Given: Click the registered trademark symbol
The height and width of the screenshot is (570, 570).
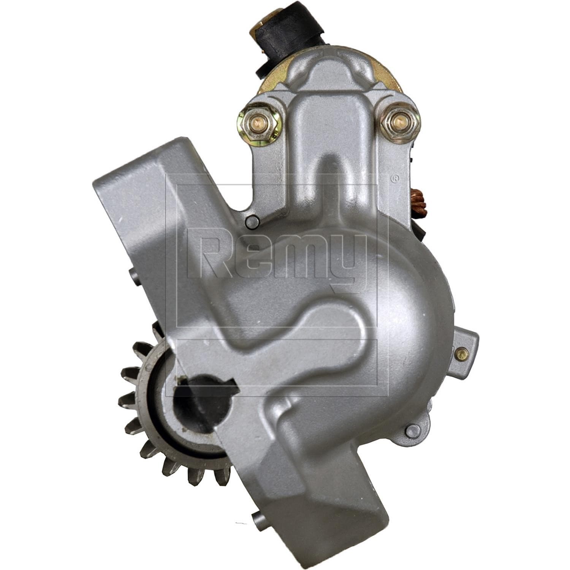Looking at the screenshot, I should coord(395,178).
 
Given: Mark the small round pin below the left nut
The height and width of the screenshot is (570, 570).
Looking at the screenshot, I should coord(251,222).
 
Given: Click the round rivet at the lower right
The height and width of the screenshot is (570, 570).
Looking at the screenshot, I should coord(411,431).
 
